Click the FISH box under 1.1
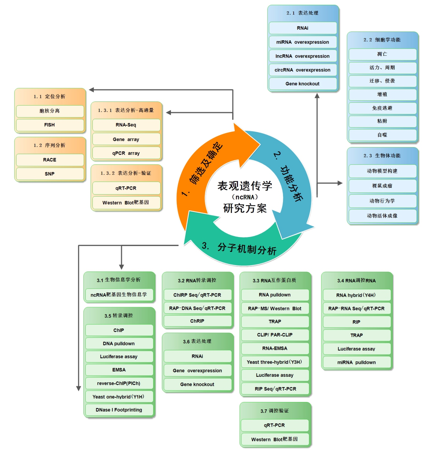50,125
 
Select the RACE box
50,160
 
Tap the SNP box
50,174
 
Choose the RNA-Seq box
126,125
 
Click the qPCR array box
126,153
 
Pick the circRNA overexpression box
303,70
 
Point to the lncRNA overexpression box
303,56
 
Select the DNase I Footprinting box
119,410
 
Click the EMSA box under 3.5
119,370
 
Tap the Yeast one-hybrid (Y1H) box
119,397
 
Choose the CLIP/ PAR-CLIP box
275,335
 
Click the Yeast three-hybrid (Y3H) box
275,362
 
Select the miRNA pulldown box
356,362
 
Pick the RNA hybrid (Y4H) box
356,295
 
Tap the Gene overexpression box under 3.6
197,371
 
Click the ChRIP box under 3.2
197,321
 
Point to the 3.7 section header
275,411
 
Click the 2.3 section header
382,156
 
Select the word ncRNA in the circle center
245,197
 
